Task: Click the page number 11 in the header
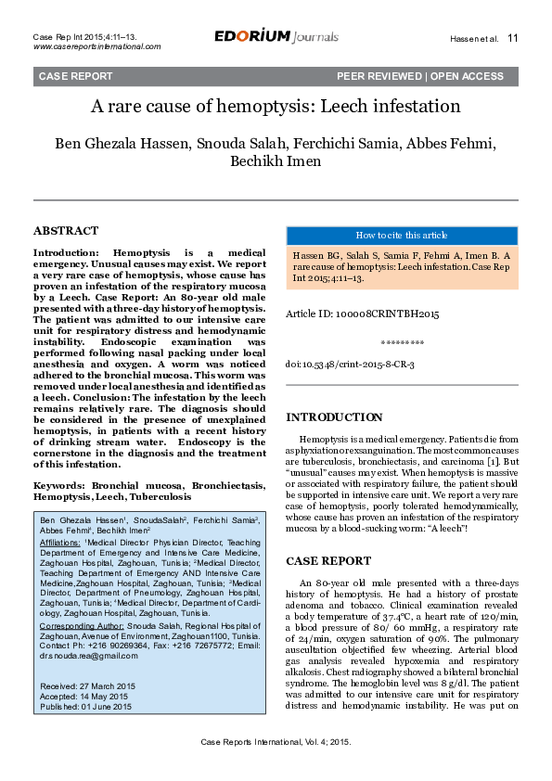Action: [x=513, y=39]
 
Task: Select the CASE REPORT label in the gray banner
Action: [x=75, y=76]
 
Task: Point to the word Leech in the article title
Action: [x=344, y=107]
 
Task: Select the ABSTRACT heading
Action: [x=66, y=230]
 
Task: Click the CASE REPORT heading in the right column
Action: [x=328, y=561]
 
